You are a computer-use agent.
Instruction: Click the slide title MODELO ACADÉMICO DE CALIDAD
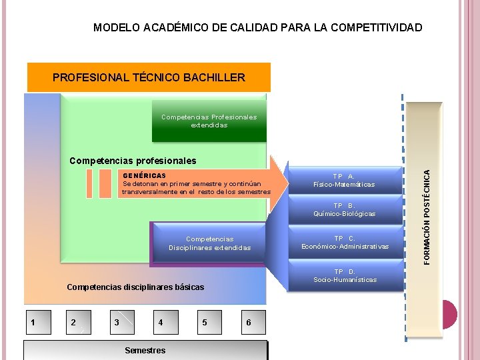pyautogui.click(x=257, y=27)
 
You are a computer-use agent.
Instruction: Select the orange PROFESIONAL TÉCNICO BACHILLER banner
pyautogui.click(x=149, y=77)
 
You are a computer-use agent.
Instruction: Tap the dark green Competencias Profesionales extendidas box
pyautogui.click(x=209, y=121)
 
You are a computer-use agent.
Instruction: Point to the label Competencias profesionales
pyautogui.click(x=133, y=161)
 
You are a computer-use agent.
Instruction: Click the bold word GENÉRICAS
pyautogui.click(x=145, y=175)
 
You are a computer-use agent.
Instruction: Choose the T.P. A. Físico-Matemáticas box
pyautogui.click(x=344, y=181)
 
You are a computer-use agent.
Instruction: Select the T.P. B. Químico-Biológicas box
pyautogui.click(x=344, y=210)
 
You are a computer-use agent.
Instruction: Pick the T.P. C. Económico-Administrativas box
pyautogui.click(x=344, y=243)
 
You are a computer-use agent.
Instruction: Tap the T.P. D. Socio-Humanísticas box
pyautogui.click(x=345, y=276)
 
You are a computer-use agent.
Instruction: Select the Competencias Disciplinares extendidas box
pyautogui.click(x=209, y=243)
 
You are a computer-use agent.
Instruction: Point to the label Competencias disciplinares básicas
pyautogui.click(x=135, y=287)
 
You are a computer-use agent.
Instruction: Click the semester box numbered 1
pyautogui.click(x=33, y=323)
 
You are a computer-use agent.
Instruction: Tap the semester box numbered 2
pyautogui.click(x=75, y=323)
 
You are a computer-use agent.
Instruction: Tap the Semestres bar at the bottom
pyautogui.click(x=145, y=350)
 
